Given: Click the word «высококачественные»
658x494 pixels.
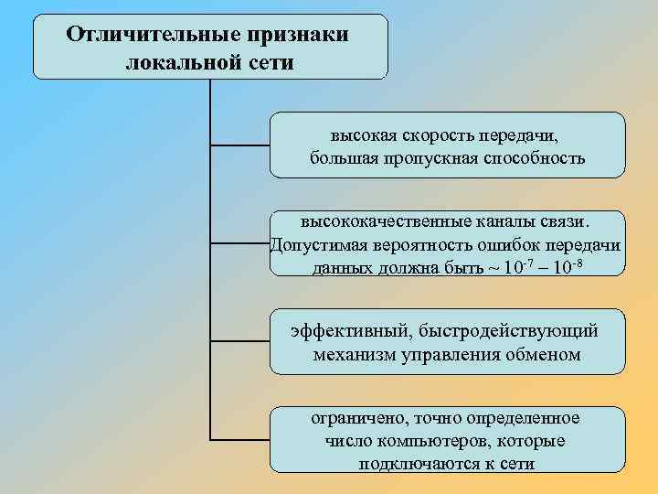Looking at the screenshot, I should click(385, 222).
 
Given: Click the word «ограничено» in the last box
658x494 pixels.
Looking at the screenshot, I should click(356, 418).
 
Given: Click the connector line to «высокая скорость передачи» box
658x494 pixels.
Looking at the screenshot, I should click(239, 145).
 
